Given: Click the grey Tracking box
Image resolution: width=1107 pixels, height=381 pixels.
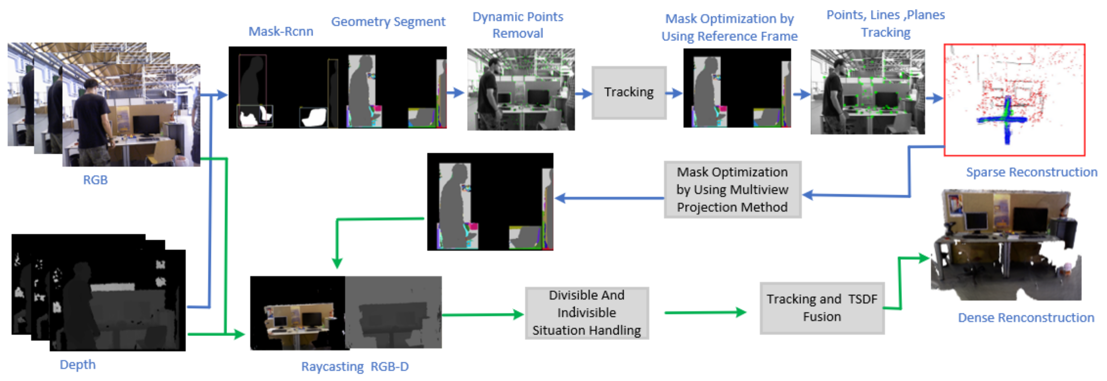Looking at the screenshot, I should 629,92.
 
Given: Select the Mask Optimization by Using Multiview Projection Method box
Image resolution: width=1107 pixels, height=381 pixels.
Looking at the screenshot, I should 732,189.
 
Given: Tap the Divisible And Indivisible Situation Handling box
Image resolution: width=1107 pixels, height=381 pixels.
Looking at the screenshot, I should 587,313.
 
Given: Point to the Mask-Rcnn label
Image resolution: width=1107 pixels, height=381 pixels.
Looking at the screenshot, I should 281,31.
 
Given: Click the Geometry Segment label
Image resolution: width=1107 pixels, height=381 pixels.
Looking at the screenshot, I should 388,22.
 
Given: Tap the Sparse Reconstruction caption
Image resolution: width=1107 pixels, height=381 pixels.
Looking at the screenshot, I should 1031,172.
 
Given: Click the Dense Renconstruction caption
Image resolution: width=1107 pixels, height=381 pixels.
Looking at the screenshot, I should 1026,318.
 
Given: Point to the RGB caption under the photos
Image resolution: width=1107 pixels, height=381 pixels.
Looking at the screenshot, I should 95,180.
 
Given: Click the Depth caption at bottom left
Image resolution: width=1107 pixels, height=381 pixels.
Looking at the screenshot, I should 77,365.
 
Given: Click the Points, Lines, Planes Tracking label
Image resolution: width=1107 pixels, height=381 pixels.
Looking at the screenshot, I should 886,24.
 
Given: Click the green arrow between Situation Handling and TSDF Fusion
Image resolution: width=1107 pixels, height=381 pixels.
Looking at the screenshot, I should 705,313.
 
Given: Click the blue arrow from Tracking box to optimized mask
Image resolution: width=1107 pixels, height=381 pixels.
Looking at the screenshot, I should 674,93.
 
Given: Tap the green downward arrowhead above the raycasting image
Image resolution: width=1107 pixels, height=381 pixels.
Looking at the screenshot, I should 337,263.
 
